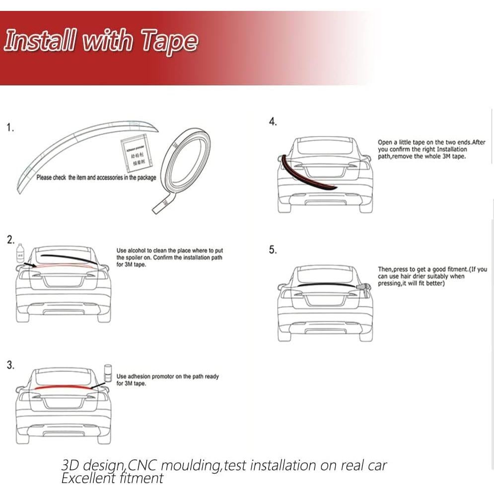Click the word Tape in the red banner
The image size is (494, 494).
pos(169,41)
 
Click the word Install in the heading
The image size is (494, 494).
pos(40,41)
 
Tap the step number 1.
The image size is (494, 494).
pos(10,128)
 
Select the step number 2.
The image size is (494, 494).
pos(10,240)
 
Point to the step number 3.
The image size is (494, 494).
pos(10,365)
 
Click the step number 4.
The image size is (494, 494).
pos(273,122)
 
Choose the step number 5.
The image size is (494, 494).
pos(273,250)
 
